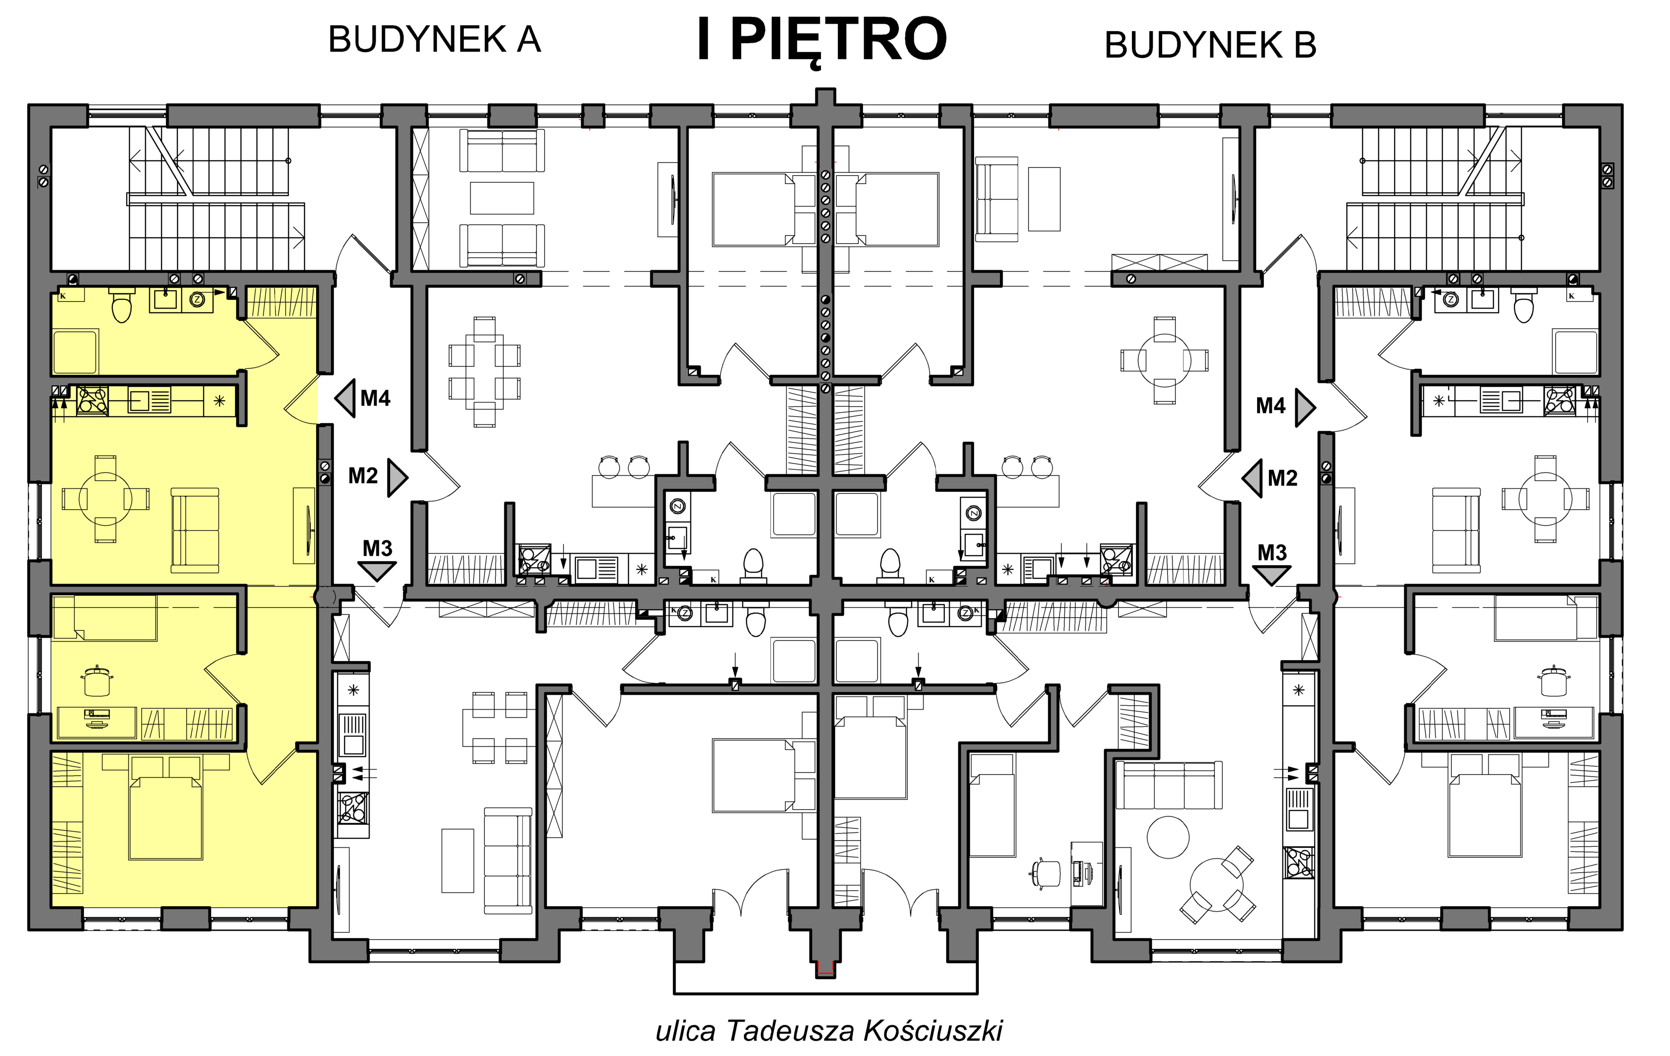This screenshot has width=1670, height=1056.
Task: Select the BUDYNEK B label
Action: (x=1210, y=45)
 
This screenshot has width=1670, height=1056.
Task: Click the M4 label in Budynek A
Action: (x=375, y=398)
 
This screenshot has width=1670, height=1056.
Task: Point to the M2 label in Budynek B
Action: (x=1282, y=478)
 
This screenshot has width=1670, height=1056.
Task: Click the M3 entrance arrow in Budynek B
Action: (x=1271, y=575)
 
